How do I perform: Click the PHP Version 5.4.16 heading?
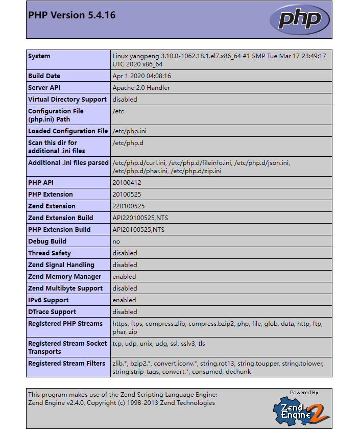[72, 15]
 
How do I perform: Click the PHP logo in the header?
[299, 19]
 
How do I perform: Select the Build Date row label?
[44, 76]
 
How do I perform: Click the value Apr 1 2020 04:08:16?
[141, 76]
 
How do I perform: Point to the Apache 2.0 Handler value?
[141, 88]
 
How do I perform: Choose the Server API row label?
[44, 88]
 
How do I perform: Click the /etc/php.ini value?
[129, 131]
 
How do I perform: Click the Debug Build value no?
[116, 242]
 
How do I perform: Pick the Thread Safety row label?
[50, 253]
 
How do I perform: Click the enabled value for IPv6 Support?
[124, 300]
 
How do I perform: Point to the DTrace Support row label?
[52, 312]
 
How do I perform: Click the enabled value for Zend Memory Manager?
[124, 277]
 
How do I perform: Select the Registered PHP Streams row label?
[65, 324]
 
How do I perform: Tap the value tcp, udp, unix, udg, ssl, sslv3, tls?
[159, 344]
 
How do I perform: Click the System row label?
[39, 56]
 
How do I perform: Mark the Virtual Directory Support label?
[67, 100]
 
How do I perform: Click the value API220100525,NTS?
[140, 218]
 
